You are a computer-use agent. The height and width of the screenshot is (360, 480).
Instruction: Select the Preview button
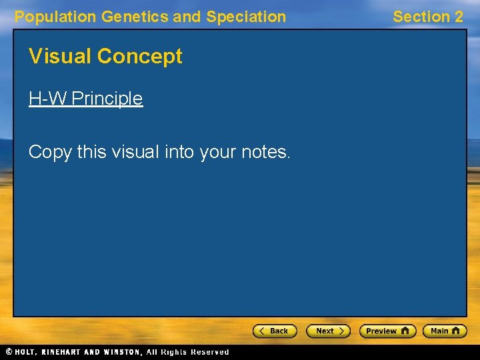[x=387, y=331]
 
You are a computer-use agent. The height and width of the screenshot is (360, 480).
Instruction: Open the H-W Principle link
[x=85, y=99]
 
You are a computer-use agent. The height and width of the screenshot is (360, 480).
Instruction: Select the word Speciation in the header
[x=246, y=17]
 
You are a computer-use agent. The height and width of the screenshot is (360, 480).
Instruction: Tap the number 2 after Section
[x=459, y=17]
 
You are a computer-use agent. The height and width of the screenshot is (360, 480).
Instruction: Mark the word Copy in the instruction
[x=50, y=152]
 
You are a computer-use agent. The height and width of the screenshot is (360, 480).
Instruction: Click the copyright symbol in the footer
[x=7, y=352]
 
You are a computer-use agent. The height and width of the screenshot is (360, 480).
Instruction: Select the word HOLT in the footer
[x=26, y=352]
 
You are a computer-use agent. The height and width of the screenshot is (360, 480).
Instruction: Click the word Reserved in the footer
[x=209, y=352]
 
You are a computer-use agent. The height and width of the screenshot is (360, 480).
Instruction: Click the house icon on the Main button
[x=457, y=331]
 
